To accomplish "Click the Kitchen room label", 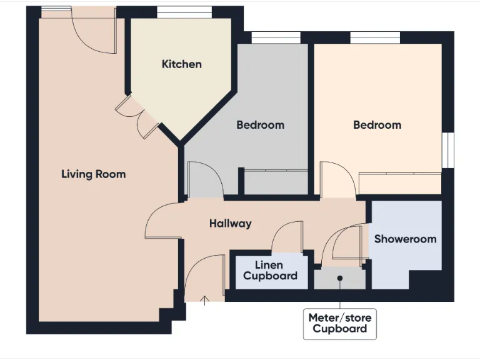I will [x=181, y=64].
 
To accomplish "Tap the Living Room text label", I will [x=93, y=174].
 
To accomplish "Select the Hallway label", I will [x=230, y=223].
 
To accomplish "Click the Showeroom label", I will [x=405, y=239].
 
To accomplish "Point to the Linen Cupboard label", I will [x=270, y=271].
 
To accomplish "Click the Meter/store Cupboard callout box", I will [x=339, y=323].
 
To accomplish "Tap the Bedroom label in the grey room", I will [x=260, y=125].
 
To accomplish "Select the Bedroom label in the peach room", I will [x=377, y=125].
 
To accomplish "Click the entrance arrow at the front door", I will [x=204, y=301].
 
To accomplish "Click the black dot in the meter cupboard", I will [x=340, y=278].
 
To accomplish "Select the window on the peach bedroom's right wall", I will [x=447, y=150].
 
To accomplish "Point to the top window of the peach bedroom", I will [x=375, y=38].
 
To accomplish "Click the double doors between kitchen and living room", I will [x=137, y=116].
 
